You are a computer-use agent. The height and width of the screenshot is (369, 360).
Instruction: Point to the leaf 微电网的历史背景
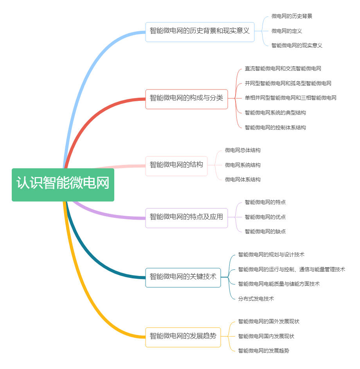click(x=292, y=16)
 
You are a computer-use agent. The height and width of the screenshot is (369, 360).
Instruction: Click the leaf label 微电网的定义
click(x=286, y=31)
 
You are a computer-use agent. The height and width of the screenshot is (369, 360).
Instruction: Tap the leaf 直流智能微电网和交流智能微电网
click(x=283, y=69)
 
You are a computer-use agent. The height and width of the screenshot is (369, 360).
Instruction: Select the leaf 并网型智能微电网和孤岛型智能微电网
click(x=288, y=83)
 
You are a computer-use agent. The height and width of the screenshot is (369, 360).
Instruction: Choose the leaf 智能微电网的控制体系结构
click(x=275, y=127)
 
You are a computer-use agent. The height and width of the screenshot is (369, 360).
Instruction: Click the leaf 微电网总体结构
click(x=243, y=150)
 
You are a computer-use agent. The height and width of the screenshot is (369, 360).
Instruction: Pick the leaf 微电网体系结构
click(x=243, y=180)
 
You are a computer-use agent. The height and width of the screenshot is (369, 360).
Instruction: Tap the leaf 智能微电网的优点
click(x=265, y=217)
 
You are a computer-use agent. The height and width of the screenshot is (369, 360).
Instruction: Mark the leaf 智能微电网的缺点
click(x=265, y=231)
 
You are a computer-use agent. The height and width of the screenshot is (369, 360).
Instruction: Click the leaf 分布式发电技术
click(x=256, y=299)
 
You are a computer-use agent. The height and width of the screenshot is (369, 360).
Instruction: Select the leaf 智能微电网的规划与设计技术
click(x=271, y=255)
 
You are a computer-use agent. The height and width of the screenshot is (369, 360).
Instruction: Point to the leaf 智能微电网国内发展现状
click(x=266, y=336)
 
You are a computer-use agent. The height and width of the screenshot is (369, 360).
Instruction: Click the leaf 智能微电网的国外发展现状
click(x=268, y=322)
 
